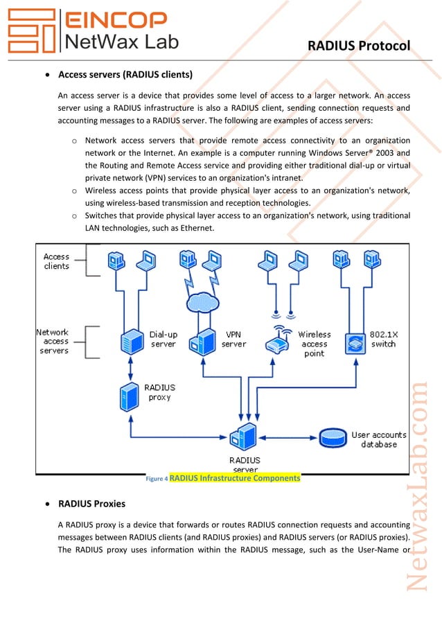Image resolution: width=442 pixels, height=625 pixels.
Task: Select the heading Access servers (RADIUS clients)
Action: [125, 75]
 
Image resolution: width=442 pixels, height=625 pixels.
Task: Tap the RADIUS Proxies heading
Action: [91, 504]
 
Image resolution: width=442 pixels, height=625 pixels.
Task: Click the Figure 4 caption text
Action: [222, 478]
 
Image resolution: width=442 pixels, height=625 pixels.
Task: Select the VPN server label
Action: [234, 339]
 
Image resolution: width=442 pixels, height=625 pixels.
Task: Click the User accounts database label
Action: [378, 439]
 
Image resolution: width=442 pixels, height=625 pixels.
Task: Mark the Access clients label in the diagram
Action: [57, 261]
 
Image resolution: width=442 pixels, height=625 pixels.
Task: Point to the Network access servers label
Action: [55, 341]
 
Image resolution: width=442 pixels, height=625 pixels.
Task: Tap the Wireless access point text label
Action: [314, 344]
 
